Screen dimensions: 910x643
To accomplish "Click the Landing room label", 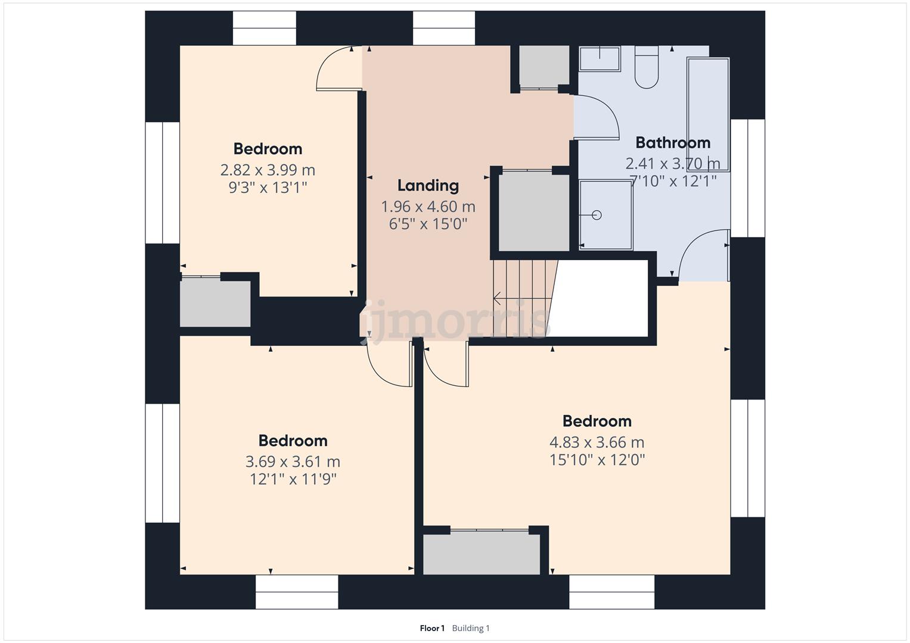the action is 428,186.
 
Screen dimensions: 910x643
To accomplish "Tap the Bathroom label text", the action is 673,142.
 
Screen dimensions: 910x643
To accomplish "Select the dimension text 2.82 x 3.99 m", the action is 268,170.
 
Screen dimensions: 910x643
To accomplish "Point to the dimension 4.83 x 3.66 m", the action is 597,442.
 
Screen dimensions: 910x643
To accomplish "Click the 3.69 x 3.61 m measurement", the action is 293,461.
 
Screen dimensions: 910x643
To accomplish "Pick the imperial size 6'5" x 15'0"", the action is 428,224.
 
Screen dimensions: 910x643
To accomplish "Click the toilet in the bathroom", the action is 647,67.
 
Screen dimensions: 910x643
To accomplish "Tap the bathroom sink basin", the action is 600,60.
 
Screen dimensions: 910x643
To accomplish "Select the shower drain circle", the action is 597,215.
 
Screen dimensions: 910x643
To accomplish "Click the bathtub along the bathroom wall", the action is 708,115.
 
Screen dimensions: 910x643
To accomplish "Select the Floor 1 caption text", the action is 432,628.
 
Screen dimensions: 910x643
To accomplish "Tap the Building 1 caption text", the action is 471,628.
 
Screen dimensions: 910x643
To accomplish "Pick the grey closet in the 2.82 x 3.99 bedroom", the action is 215,304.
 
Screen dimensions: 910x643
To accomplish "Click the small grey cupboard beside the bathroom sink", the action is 544,66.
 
